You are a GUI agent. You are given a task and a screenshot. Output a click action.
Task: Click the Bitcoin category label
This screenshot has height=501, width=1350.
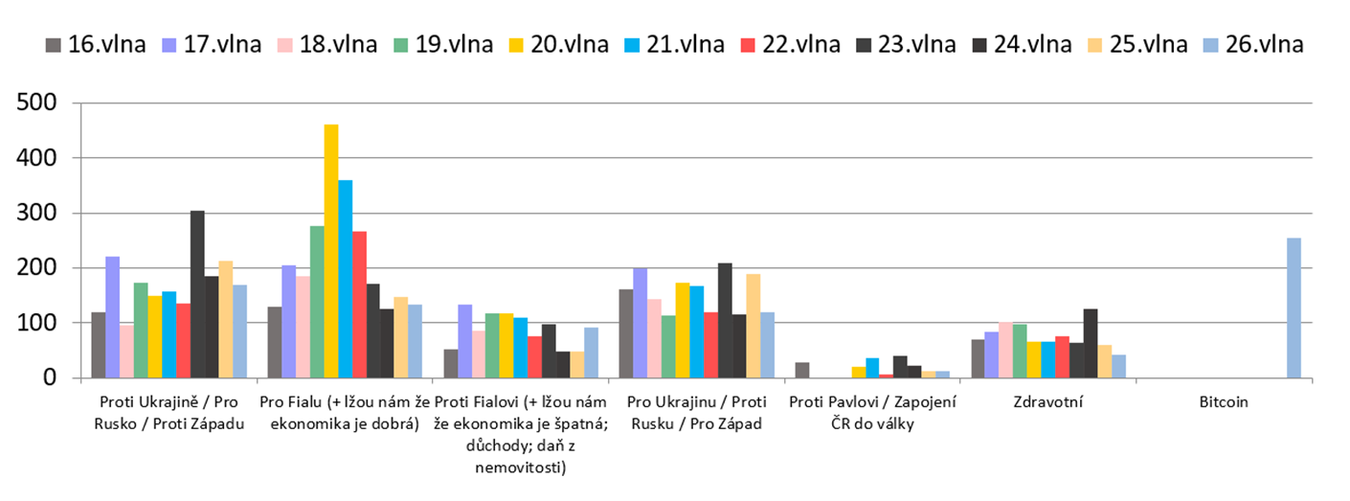[x=1224, y=402]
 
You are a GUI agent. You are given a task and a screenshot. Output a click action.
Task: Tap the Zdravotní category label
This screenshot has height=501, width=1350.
[x=1048, y=402]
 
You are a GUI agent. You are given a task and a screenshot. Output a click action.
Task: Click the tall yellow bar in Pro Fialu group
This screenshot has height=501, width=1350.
[x=331, y=251]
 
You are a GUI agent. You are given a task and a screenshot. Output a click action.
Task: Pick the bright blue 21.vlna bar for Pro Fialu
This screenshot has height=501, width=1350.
[x=346, y=279]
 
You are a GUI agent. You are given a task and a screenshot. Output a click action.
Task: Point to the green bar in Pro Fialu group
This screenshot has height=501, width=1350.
[x=317, y=302]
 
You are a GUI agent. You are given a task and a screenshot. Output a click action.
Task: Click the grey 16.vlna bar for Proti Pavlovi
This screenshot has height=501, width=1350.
[x=802, y=370]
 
